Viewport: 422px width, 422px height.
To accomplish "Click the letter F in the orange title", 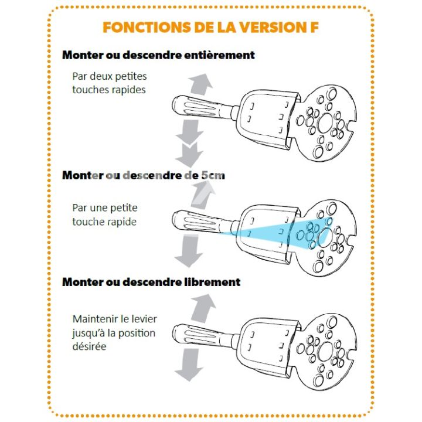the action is (x=313, y=27).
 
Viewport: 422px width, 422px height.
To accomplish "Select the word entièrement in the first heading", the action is (x=219, y=55).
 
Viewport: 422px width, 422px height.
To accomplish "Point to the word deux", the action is (x=100, y=76).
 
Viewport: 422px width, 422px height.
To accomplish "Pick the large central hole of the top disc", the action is (x=326, y=123).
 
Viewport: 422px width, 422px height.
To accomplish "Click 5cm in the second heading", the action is (x=213, y=175).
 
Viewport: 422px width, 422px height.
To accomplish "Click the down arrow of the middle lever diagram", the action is (x=189, y=251).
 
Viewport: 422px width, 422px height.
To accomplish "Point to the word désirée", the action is (x=89, y=346).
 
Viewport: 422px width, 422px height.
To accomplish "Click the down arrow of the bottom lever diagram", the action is (x=189, y=365).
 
